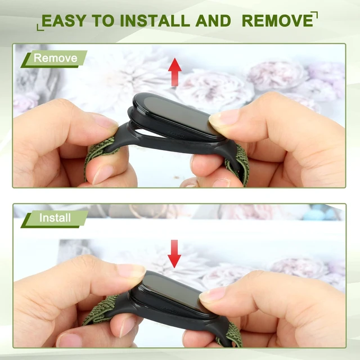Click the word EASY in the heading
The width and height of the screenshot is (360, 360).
(64, 21)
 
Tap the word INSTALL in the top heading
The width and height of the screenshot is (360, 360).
(155, 21)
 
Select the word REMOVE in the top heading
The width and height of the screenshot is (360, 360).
(277, 21)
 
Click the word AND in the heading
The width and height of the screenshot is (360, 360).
(213, 21)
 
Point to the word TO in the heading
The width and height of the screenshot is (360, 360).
(103, 21)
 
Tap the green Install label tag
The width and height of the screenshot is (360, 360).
(55, 219)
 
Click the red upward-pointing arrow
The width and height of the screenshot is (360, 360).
(175, 72)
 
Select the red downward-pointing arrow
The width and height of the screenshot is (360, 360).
(174, 254)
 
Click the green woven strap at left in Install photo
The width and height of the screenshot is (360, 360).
(101, 308)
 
